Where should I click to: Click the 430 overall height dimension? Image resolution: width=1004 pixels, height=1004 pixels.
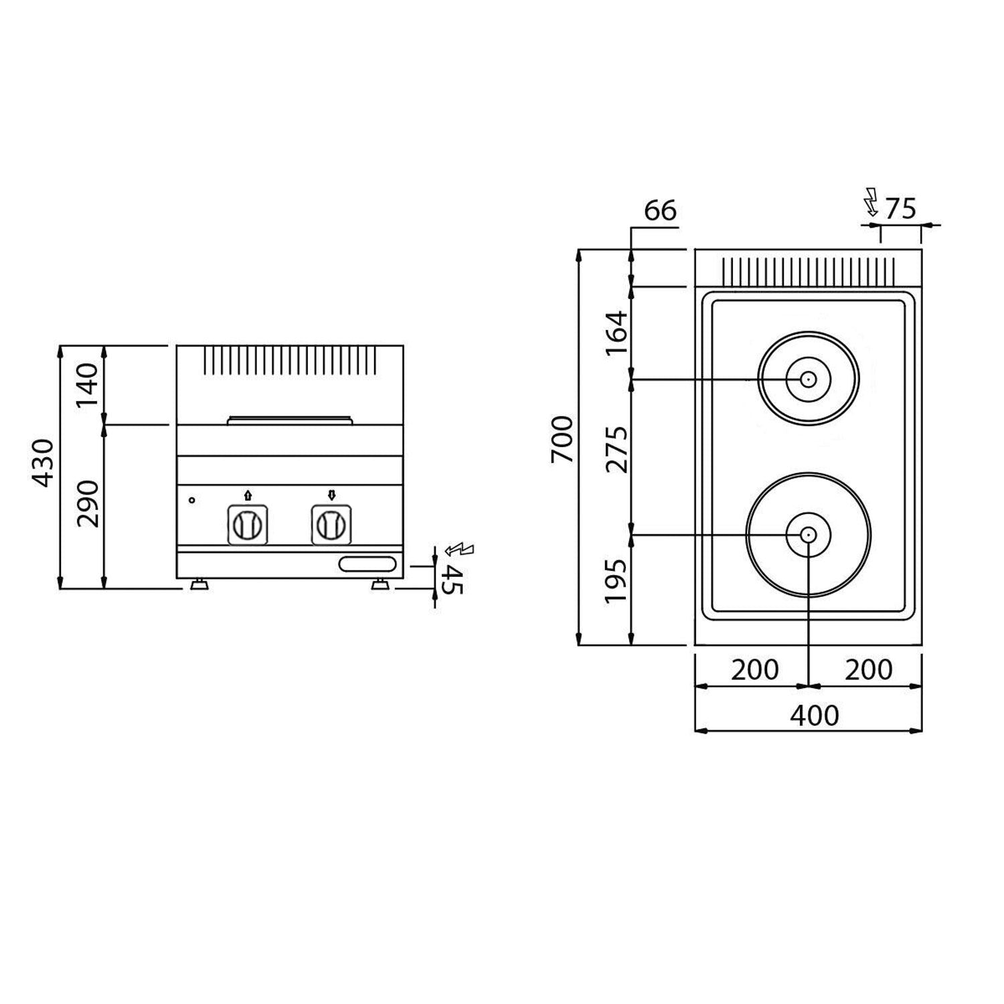44,463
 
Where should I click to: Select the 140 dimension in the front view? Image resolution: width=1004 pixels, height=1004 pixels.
88,386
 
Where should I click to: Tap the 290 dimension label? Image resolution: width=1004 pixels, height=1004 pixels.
88,503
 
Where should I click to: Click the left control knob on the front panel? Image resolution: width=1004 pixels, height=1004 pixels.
248,525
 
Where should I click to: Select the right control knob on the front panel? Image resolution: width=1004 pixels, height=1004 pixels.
332,525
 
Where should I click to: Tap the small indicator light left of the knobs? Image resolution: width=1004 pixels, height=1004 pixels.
192,500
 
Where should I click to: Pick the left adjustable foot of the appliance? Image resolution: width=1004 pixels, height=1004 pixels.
199,586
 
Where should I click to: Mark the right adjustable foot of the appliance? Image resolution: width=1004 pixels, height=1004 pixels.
380,586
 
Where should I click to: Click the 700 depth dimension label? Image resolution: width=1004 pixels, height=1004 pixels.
562,439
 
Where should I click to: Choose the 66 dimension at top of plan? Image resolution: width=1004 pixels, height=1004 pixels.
660,211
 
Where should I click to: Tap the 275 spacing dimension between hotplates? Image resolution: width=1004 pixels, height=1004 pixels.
617,450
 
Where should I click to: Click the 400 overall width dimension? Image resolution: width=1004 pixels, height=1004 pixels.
814,716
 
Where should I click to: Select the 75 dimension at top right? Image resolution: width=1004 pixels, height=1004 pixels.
900,210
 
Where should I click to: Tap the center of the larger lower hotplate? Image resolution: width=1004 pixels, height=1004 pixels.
809,535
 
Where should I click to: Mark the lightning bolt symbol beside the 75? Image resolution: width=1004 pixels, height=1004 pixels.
871,203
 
